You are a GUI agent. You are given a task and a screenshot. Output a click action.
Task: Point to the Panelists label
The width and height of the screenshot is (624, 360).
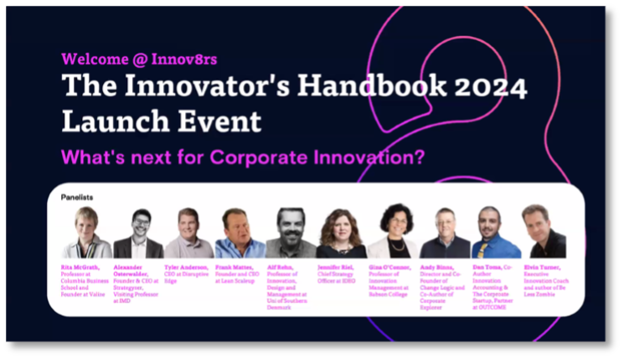[x=77, y=197]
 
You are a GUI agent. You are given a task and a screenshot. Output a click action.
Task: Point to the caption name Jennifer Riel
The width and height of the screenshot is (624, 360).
[x=335, y=267]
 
